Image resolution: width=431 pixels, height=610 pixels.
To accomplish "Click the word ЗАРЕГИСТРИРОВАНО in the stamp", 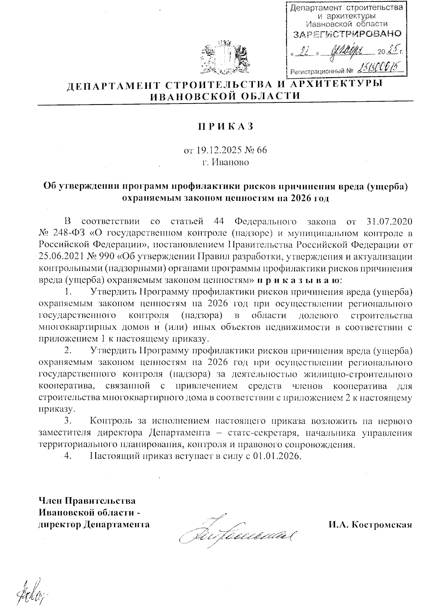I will pyautogui.click(x=347, y=35).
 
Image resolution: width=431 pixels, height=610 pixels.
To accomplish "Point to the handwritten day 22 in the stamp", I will pyautogui.click(x=305, y=52).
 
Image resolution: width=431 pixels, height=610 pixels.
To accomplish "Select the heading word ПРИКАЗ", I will pyautogui.click(x=225, y=126).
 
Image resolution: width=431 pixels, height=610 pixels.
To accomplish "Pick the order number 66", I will pyautogui.click(x=262, y=150).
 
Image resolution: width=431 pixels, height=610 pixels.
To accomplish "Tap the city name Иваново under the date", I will pyautogui.click(x=230, y=162).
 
